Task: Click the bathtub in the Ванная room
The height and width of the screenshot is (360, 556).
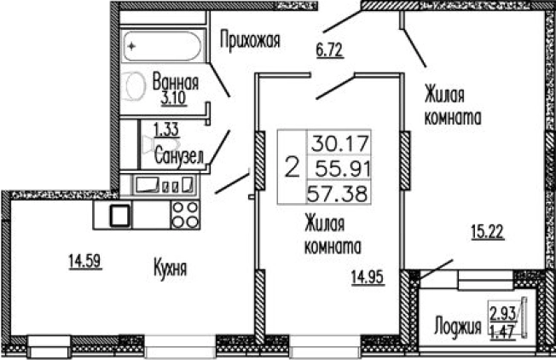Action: coord(163,48)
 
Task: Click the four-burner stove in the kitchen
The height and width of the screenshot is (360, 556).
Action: coord(184,213)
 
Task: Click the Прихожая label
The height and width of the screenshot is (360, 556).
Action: coord(250,39)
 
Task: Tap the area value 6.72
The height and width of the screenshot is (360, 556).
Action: coord(328,49)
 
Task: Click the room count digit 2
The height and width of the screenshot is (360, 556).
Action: coord(292,166)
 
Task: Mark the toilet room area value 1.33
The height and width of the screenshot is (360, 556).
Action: coord(166,131)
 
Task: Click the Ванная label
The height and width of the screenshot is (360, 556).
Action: coord(176,84)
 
